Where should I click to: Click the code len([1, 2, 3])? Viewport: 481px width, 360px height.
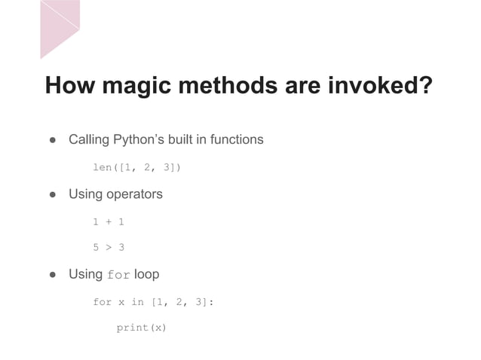[136, 167]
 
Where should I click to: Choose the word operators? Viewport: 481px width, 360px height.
[134, 194]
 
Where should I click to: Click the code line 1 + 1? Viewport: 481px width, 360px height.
[109, 221]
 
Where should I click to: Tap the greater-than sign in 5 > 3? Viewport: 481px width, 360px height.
[109, 247]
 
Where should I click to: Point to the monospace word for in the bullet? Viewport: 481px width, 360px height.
[119, 275]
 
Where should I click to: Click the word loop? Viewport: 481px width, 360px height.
[146, 274]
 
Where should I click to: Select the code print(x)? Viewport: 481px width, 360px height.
[141, 328]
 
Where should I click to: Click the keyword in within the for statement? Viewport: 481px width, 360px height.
[137, 302]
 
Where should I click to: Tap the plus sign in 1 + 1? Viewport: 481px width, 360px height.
[109, 221]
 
